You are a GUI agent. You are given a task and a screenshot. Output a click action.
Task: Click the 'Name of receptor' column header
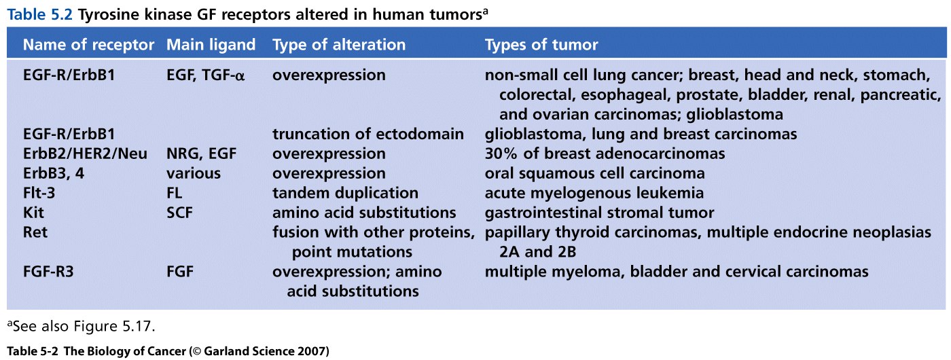(x=88, y=45)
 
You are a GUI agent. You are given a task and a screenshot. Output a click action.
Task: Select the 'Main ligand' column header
(x=211, y=45)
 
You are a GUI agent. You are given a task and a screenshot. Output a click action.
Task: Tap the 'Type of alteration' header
(x=339, y=45)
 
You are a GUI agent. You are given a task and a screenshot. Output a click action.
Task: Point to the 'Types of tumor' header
(x=541, y=45)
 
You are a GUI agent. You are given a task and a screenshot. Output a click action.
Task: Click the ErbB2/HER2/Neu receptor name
(x=85, y=154)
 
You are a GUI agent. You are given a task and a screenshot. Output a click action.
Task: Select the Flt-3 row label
(x=39, y=193)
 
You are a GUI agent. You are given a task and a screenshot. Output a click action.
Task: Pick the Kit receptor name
(x=33, y=212)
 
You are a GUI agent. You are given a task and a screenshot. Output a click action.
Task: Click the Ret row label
(x=35, y=232)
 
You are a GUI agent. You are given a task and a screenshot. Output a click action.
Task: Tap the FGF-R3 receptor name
(x=48, y=271)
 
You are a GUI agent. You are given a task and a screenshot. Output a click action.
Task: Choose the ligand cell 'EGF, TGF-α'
(x=205, y=75)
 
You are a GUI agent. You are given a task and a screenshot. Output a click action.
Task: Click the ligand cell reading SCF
(x=179, y=212)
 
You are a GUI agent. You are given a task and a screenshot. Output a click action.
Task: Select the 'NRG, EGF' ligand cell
(x=201, y=154)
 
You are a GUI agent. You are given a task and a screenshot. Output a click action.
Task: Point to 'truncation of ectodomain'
(x=368, y=134)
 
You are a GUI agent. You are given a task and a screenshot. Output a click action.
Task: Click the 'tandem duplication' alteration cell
(x=345, y=193)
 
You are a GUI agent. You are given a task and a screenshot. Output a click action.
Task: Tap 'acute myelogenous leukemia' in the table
(x=594, y=193)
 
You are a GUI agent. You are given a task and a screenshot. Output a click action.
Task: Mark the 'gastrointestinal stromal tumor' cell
(x=599, y=213)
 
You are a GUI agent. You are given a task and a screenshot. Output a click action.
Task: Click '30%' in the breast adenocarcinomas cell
(x=501, y=154)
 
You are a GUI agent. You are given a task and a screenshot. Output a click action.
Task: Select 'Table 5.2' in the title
(x=40, y=14)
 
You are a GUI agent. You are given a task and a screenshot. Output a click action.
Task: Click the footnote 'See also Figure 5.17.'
(x=81, y=326)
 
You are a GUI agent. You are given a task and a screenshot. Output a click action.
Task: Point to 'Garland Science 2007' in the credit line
(x=266, y=352)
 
